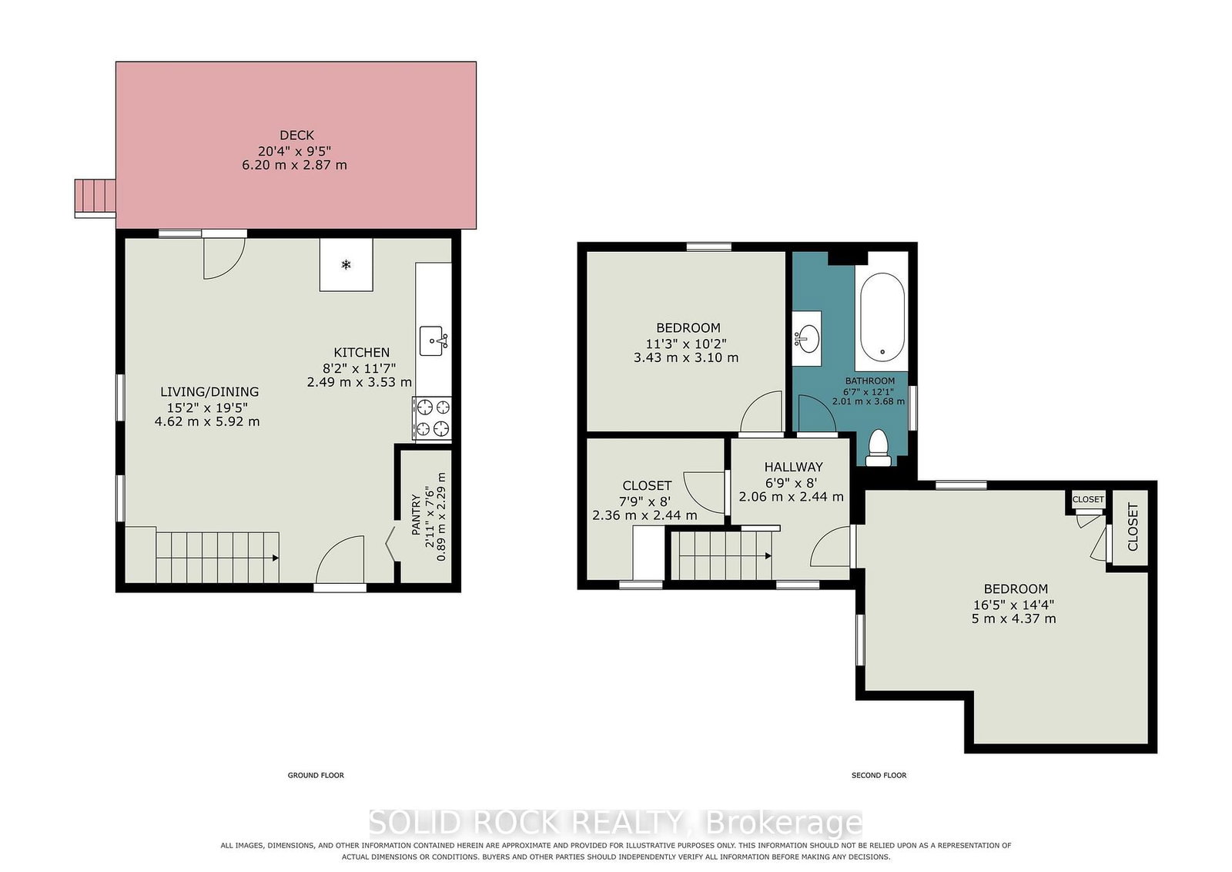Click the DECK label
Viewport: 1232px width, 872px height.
tap(297, 135)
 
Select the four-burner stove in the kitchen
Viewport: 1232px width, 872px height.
tap(432, 418)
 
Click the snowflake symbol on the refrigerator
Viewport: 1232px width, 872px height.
tap(346, 265)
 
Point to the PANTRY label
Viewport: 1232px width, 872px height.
tap(416, 515)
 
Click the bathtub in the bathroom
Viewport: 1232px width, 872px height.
tap(882, 317)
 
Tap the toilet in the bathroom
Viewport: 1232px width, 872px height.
tap(879, 448)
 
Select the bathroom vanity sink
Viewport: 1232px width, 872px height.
tap(807, 338)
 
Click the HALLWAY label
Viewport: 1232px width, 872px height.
tap(793, 467)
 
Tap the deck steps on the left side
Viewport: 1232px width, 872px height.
tap(95, 198)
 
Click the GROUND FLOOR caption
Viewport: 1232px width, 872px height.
tap(316, 775)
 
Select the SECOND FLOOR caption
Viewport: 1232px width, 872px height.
tap(879, 775)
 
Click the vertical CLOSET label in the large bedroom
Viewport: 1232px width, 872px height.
tap(1133, 526)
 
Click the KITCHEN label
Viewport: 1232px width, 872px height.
tap(361, 353)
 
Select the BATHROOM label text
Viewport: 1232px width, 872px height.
tap(869, 381)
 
